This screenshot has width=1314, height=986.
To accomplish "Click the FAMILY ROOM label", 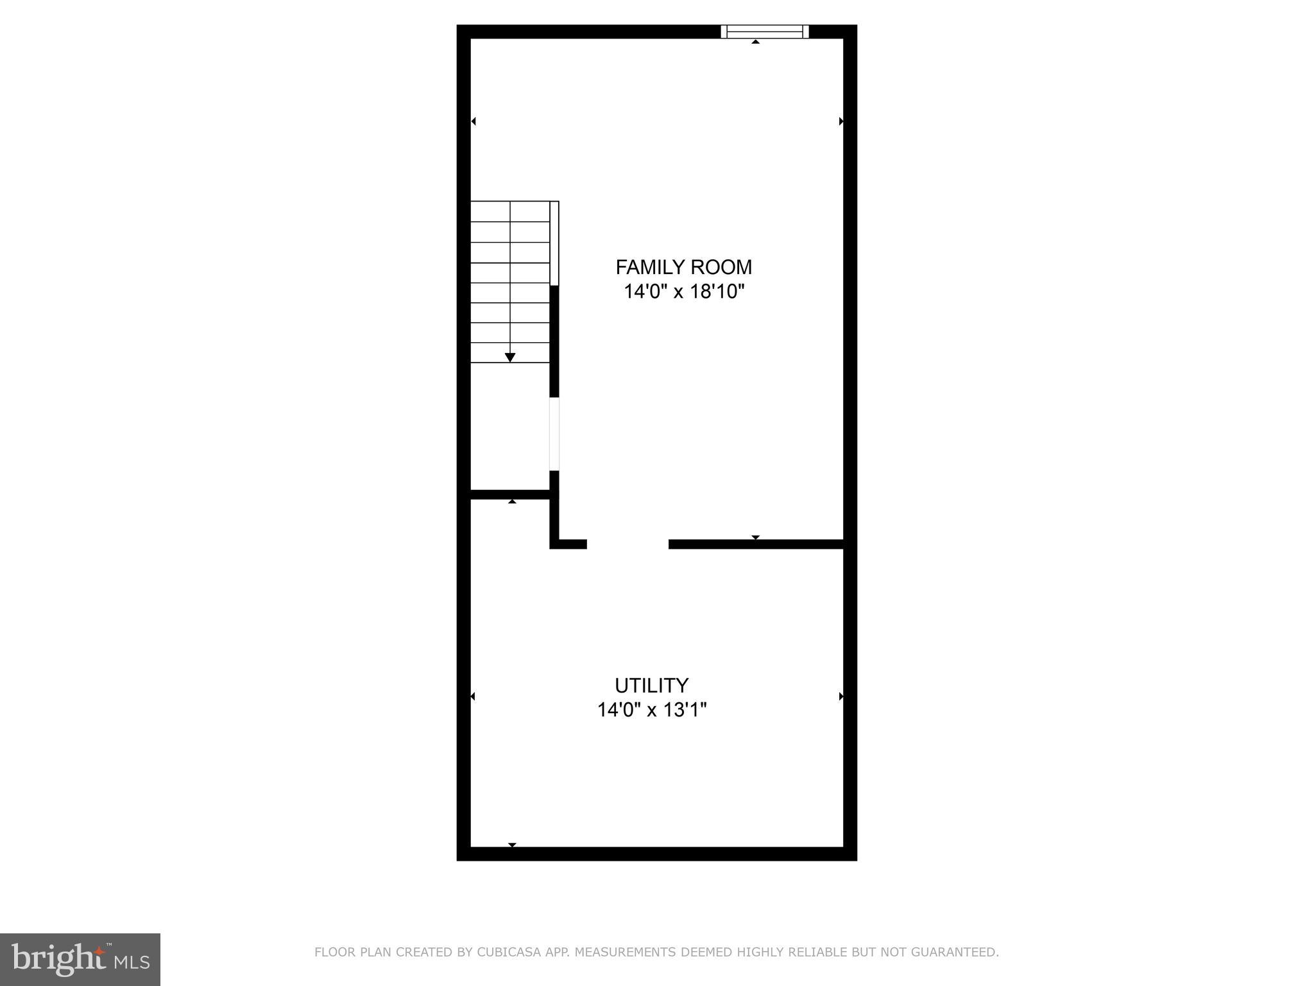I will tap(683, 267).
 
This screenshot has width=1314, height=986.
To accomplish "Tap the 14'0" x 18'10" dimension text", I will tap(683, 292).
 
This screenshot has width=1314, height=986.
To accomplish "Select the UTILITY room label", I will tap(651, 686).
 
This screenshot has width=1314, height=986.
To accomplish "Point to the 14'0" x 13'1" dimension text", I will tap(651, 711).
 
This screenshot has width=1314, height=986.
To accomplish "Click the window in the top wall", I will tap(764, 31).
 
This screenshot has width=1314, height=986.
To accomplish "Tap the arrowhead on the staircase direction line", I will tap(510, 358).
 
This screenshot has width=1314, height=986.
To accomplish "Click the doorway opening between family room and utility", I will tap(627, 544).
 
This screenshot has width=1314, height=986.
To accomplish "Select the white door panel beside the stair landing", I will tap(554, 434).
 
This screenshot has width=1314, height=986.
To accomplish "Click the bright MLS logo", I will tap(80, 959).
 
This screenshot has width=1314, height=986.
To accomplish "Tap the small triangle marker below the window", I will tap(756, 42).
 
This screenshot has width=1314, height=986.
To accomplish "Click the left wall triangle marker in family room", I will tap(474, 121).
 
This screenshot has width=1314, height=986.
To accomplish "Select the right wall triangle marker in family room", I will tap(840, 121).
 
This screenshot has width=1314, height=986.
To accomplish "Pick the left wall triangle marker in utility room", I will tap(474, 696).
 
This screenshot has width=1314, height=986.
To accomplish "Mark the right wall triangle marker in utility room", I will tap(840, 696).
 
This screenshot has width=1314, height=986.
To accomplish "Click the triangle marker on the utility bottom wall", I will tap(512, 845).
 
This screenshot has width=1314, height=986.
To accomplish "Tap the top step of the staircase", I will tap(510, 212).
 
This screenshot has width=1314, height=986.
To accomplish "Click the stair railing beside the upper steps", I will tap(555, 243).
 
